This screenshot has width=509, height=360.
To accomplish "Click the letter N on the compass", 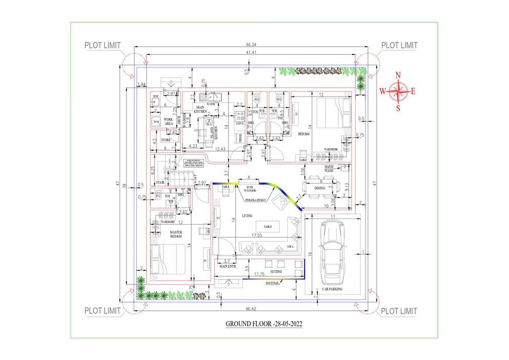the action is (398, 75).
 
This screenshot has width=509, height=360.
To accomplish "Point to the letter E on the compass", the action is (413, 92).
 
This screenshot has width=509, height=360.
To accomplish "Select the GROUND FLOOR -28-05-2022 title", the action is (263, 324).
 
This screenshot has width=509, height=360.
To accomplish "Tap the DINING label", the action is (320, 188).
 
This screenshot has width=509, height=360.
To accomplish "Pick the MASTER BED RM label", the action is (176, 234).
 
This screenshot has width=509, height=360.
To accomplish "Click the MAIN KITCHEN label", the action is (200, 109).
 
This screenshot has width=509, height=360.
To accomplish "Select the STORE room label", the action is (166, 139).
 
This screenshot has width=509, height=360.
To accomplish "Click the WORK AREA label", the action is (169, 122).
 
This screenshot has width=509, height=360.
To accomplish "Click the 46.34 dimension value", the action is (252, 46).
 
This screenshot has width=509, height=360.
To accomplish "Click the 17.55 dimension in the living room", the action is (257, 235).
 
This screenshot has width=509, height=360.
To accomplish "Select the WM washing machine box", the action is (156, 122).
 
